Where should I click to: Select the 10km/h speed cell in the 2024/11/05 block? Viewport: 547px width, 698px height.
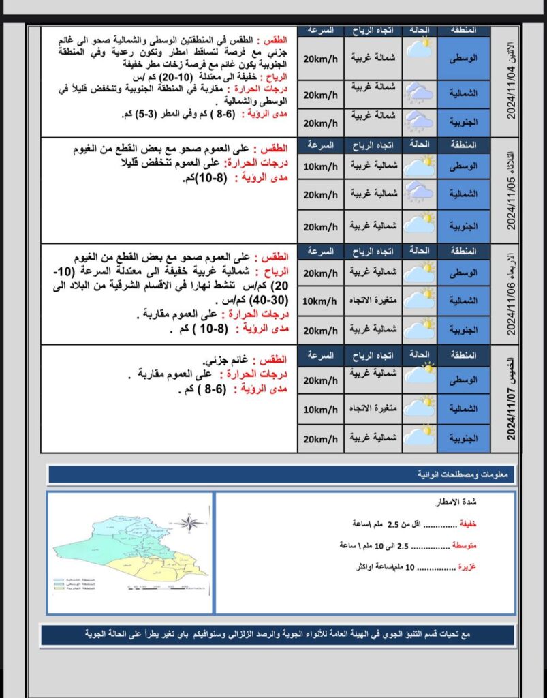point(320,167)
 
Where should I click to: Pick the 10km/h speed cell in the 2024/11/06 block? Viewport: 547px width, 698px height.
point(320,301)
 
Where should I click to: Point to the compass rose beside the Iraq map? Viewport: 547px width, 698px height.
point(189,523)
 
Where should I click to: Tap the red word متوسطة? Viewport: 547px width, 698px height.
point(464,545)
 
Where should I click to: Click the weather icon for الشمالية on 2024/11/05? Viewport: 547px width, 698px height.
point(420,194)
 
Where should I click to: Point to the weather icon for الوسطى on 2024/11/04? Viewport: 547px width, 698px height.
point(420,49)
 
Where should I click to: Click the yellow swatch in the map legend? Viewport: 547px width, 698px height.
point(58,590)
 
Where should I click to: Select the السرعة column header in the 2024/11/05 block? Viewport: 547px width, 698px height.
point(320,145)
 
